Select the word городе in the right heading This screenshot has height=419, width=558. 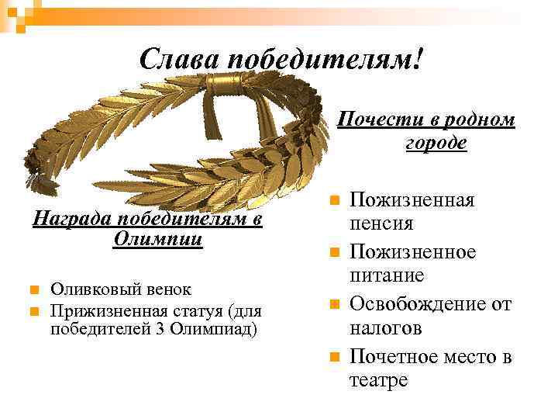(x=436, y=143)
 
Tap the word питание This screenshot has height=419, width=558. (x=387, y=275)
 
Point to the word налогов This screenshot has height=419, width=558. (x=385, y=328)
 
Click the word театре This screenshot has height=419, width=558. (x=378, y=381)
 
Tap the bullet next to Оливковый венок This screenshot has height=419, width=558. (x=35, y=290)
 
